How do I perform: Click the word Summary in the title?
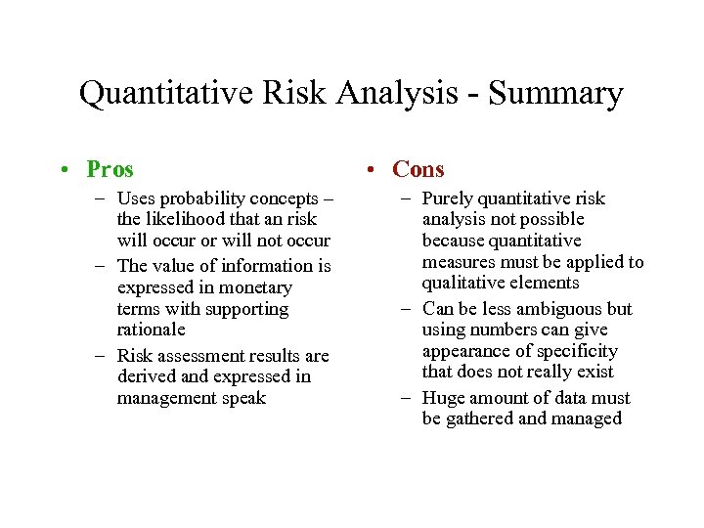(x=555, y=94)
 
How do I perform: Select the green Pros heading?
(x=110, y=169)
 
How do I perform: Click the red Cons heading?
(x=418, y=169)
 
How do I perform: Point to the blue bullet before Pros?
(x=62, y=170)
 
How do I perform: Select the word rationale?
(x=151, y=330)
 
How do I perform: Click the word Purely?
(x=448, y=198)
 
